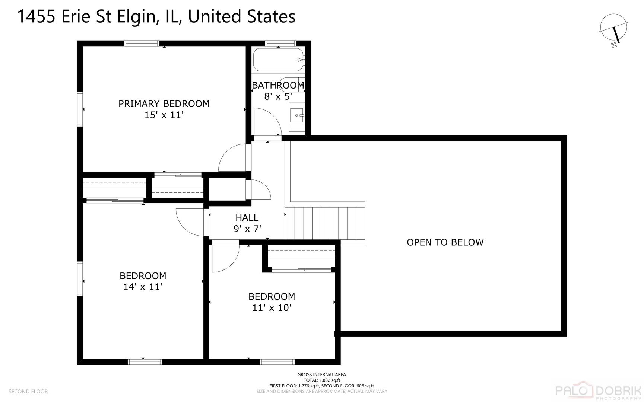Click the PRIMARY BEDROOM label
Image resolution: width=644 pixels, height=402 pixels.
click(x=164, y=104)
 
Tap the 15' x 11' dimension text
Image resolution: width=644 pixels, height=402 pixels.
click(x=164, y=115)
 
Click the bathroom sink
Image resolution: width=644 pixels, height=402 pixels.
click(x=297, y=115)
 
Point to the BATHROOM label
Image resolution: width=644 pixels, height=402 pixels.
click(x=278, y=85)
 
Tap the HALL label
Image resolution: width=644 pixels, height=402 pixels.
click(x=247, y=217)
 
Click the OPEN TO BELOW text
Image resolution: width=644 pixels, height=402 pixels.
click(x=445, y=242)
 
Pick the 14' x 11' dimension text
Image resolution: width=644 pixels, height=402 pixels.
click(x=143, y=287)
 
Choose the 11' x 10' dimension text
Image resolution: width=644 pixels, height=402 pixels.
click(x=272, y=308)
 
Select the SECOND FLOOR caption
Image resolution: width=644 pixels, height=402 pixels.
click(x=28, y=392)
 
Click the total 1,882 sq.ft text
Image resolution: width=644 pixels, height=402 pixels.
click(x=321, y=380)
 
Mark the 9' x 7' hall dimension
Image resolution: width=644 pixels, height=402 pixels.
click(x=247, y=229)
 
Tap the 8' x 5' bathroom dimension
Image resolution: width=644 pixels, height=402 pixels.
click(x=278, y=97)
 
